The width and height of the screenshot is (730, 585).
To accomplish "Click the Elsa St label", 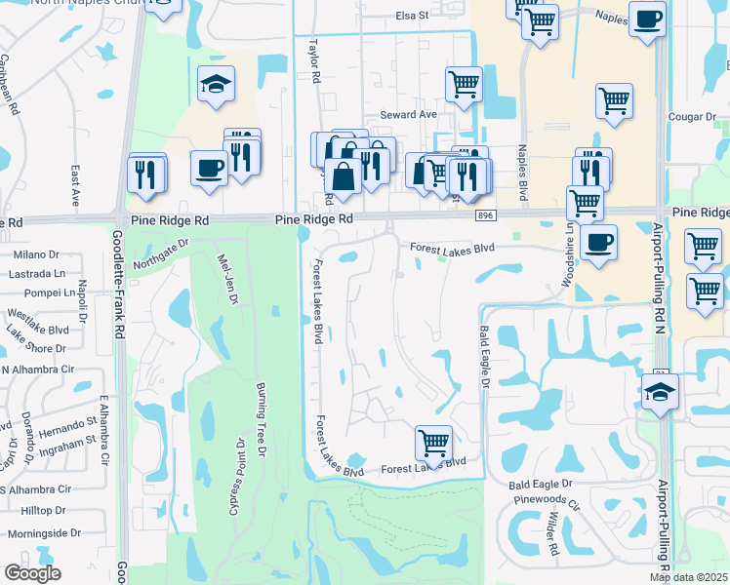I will (x=412, y=16).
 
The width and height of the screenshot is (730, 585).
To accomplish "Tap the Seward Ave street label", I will (x=414, y=114).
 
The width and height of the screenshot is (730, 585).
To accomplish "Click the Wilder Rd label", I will (x=552, y=535).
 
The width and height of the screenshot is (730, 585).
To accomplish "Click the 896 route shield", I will (x=485, y=214).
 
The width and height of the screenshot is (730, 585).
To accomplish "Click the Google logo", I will (x=32, y=573).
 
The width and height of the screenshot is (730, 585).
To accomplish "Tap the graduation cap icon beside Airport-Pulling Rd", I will (x=661, y=391).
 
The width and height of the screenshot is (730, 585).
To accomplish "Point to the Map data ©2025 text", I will (x=689, y=577).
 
